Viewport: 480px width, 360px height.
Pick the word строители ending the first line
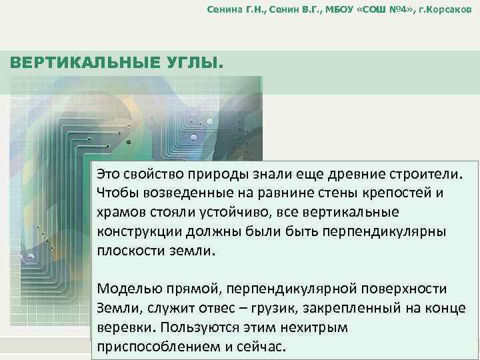point(427,174)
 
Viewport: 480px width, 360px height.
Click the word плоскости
point(129,252)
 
